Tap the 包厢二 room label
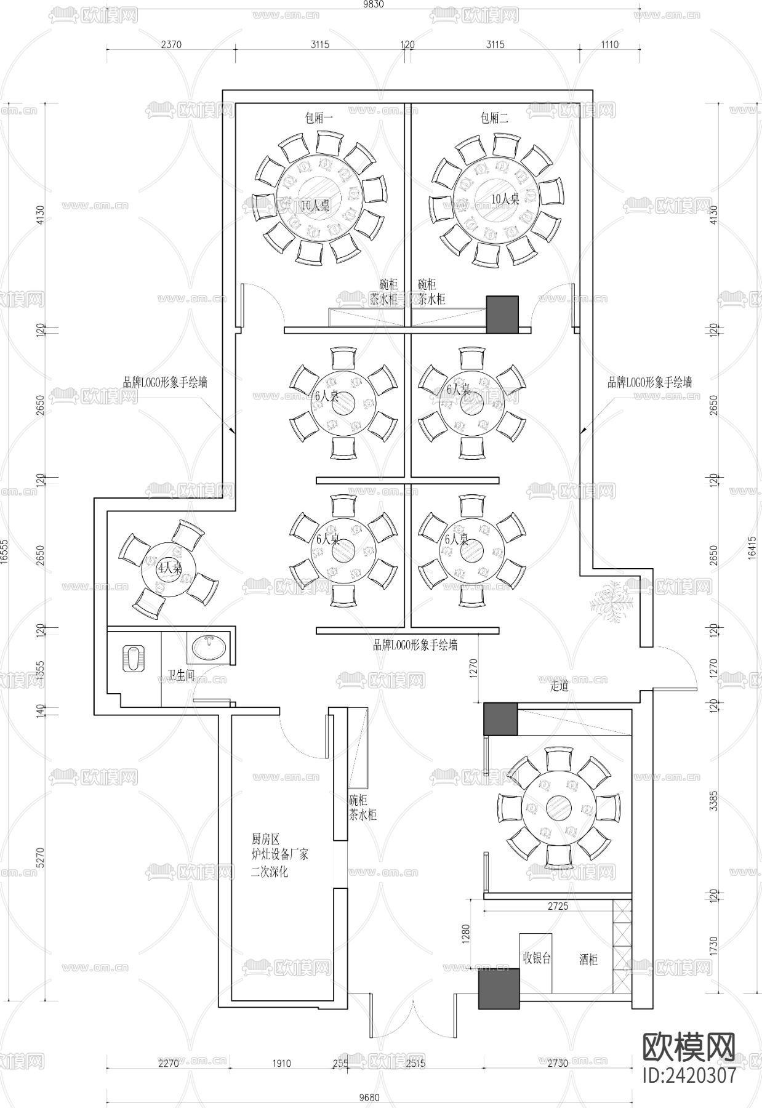click(x=495, y=118)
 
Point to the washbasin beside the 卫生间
click(x=209, y=648)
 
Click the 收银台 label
click(x=536, y=958)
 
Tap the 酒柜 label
click(x=588, y=959)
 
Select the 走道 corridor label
click(x=559, y=686)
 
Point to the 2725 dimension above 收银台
click(x=558, y=906)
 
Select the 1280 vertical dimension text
click(x=466, y=934)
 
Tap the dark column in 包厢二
click(x=503, y=315)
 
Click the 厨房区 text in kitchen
click(x=266, y=839)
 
